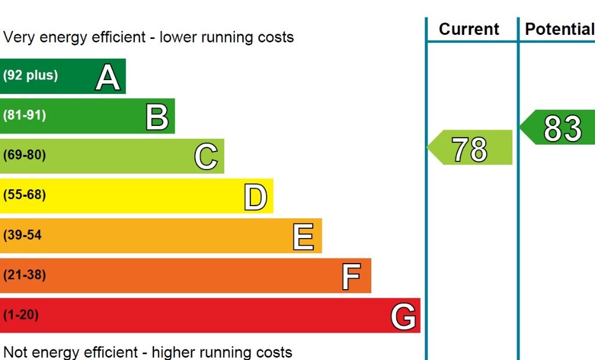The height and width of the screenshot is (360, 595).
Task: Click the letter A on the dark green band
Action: pyautogui.click(x=108, y=78)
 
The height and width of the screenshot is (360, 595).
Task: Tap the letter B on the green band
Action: pyautogui.click(x=157, y=117)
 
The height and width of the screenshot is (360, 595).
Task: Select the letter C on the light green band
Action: pyautogui.click(x=206, y=157)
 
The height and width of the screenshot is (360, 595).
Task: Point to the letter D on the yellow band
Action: pyautogui.click(x=255, y=197)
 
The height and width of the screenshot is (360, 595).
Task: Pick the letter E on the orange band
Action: pyautogui.click(x=303, y=237)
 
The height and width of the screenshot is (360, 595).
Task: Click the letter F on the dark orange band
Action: pyautogui.click(x=351, y=276)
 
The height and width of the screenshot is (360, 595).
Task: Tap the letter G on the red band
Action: pyautogui.click(x=403, y=317)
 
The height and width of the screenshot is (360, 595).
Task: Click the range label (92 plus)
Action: pyautogui.click(x=30, y=75)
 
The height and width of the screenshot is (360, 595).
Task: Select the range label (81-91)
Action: pyautogui.click(x=24, y=115)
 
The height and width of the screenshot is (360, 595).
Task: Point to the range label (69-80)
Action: pyautogui.click(x=24, y=155)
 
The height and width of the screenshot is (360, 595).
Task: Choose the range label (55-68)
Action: pyautogui.click(x=24, y=195)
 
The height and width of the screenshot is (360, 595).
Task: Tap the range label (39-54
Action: pyautogui.click(x=23, y=235)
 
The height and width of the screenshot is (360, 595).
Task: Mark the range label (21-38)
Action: pyautogui.click(x=24, y=275)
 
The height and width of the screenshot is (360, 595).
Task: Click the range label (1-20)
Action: pyautogui.click(x=21, y=315)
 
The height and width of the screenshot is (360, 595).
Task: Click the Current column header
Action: pyautogui.click(x=469, y=30)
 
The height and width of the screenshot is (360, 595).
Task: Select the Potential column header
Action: pyautogui.click(x=560, y=30)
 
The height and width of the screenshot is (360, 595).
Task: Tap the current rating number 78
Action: pyautogui.click(x=469, y=149)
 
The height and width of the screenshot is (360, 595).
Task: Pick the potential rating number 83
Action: pyautogui.click(x=562, y=129)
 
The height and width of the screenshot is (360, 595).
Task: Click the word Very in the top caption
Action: pyautogui.click(x=20, y=38)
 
